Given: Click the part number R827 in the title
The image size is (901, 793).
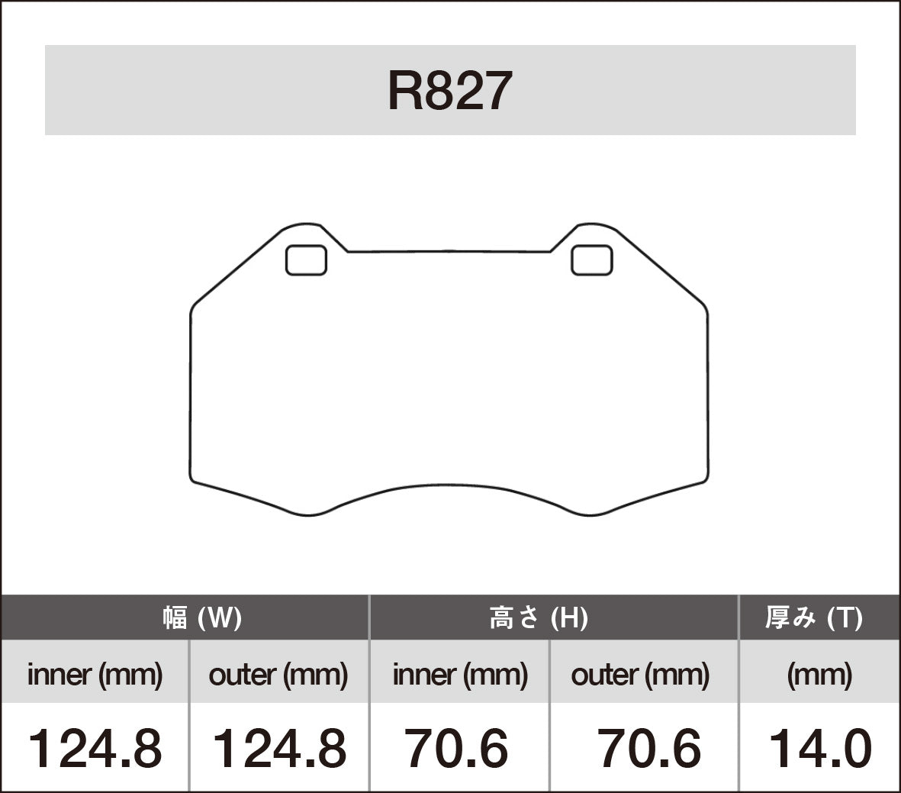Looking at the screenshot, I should click(449, 92).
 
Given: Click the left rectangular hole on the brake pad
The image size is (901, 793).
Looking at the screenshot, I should click(306, 260).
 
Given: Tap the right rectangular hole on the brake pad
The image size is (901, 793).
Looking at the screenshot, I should click(591, 260).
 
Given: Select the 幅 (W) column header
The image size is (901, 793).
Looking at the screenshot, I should click(201, 617).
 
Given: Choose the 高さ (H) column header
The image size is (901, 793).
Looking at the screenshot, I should click(539, 617).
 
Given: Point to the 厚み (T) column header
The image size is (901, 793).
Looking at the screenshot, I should click(814, 617).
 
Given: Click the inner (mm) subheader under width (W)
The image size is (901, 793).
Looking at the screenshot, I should click(95, 675).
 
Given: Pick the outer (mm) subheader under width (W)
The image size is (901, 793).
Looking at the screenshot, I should click(278, 675).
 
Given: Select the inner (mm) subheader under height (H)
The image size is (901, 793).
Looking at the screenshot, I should click(460, 675).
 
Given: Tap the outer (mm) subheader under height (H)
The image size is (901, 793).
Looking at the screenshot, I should click(640, 675).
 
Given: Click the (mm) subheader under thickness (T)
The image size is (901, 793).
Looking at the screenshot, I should click(819, 675).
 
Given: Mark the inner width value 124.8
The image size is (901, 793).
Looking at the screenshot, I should click(95, 749).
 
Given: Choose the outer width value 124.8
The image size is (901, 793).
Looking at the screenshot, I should click(278, 749).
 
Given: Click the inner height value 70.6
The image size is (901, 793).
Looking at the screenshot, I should click(456, 749).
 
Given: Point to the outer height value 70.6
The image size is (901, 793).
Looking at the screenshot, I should click(648, 749).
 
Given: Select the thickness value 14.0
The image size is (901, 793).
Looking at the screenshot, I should click(819, 749).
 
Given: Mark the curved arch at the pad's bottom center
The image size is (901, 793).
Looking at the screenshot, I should click(449, 485).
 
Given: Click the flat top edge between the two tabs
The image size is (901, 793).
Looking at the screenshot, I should click(449, 251).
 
